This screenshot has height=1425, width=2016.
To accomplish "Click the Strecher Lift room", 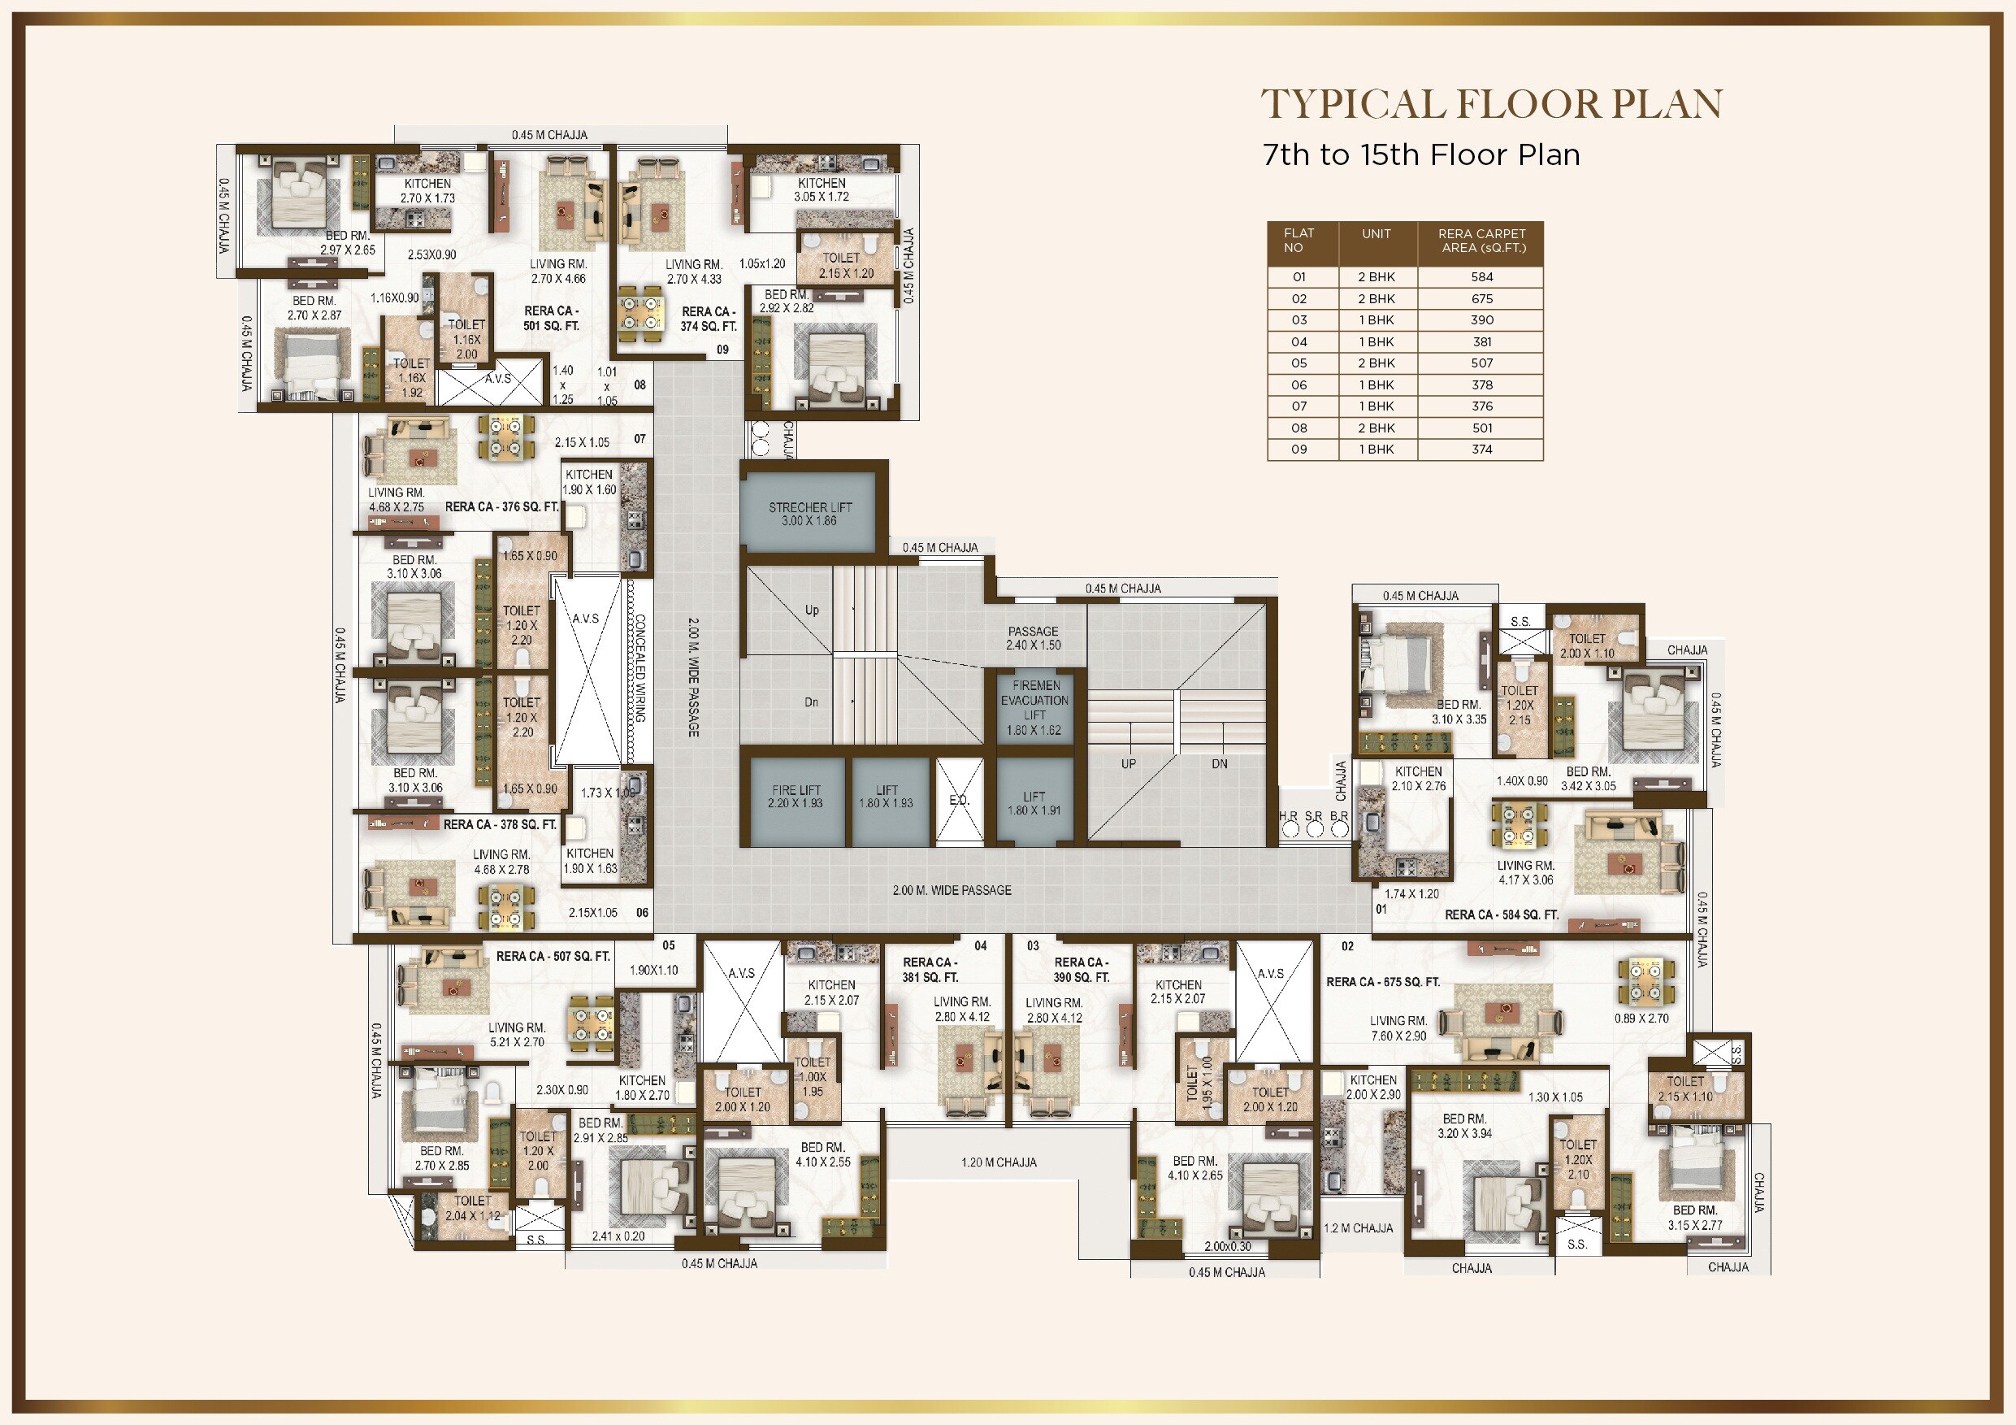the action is pyautogui.click(x=809, y=513).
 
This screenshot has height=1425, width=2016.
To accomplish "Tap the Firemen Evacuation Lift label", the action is pyautogui.click(x=1034, y=707).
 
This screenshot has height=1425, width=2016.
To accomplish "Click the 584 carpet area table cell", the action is pyautogui.click(x=1482, y=276).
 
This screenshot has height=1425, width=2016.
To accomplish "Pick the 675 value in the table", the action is pyautogui.click(x=1482, y=298).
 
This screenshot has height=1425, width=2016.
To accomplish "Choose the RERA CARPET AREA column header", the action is pyautogui.click(x=1482, y=241).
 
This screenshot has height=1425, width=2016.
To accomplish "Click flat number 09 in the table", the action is pyautogui.click(x=1298, y=449).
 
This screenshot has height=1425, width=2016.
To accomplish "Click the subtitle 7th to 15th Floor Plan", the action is pyautogui.click(x=1420, y=154).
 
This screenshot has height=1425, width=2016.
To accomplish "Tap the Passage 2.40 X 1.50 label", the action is pyautogui.click(x=1034, y=638).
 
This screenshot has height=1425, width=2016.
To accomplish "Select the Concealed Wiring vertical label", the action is pyautogui.click(x=641, y=667).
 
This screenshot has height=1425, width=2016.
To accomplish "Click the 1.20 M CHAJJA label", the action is pyautogui.click(x=999, y=1162).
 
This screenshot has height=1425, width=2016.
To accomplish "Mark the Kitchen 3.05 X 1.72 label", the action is pyautogui.click(x=821, y=189).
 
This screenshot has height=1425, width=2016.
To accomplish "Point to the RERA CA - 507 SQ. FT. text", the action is pyautogui.click(x=553, y=956).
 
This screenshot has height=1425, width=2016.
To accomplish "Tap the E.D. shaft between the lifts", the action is pyautogui.click(x=959, y=802).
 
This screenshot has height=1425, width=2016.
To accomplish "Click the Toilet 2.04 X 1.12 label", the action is pyautogui.click(x=472, y=1208).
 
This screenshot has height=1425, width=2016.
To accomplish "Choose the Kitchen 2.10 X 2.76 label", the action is pyautogui.click(x=1418, y=779).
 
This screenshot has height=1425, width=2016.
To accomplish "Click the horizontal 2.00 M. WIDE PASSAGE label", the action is pyautogui.click(x=952, y=890).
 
